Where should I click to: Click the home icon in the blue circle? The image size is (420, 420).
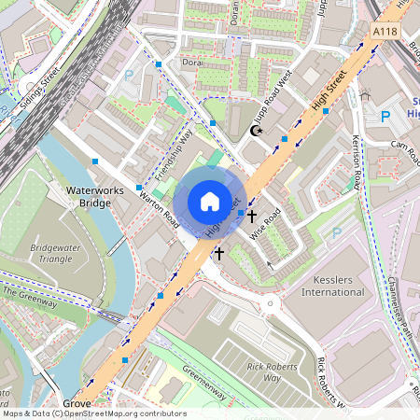click(210, 202)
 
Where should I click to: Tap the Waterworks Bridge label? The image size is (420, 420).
click(89, 197)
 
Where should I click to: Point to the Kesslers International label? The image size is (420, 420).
click(326, 285)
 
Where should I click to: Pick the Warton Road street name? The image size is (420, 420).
click(158, 208)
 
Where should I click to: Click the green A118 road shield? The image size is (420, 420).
click(385, 31)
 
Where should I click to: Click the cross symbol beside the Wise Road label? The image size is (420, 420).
click(251, 216)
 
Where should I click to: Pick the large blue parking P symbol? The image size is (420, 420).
click(385, 117)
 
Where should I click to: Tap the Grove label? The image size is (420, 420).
click(77, 404)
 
